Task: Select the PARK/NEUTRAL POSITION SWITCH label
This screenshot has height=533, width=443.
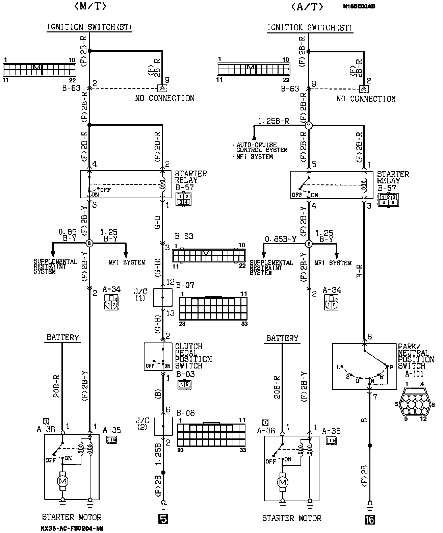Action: [416, 356]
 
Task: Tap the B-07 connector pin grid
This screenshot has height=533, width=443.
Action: [213, 308]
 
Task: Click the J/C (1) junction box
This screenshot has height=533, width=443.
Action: [163, 298]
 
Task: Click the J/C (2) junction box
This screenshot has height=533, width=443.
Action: [163, 426]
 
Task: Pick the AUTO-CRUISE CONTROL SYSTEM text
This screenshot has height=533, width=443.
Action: [262, 147]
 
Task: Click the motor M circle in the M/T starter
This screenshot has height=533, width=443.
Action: [62, 481]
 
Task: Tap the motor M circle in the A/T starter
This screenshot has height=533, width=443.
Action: [282, 482]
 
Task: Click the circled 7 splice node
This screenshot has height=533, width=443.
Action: [309, 126]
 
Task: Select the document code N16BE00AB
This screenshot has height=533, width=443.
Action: [359, 6]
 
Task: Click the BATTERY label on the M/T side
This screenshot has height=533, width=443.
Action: [62, 337]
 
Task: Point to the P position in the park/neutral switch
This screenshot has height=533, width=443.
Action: [391, 367]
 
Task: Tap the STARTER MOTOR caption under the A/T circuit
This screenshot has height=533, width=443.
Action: [292, 518]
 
